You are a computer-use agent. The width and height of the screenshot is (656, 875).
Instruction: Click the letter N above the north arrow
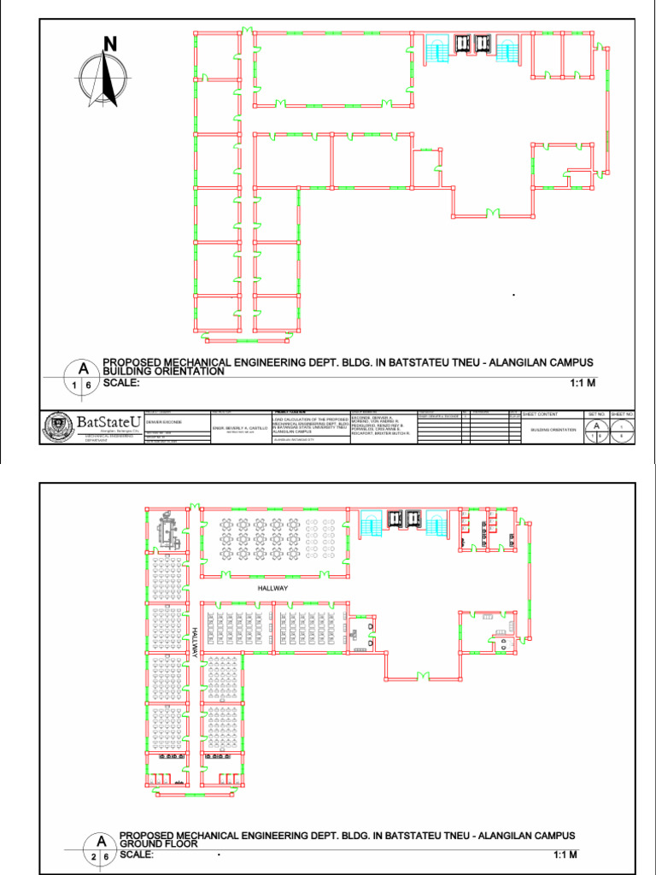click(x=109, y=44)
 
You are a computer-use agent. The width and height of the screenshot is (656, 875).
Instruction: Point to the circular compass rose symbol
click(x=103, y=79)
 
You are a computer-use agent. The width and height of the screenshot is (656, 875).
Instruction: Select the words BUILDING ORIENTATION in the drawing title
click(x=163, y=372)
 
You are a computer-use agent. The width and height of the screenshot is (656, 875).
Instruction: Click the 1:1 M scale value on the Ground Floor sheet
click(x=565, y=854)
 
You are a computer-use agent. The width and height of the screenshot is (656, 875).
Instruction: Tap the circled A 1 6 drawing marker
click(x=83, y=377)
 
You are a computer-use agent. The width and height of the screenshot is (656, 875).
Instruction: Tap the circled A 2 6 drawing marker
click(x=100, y=848)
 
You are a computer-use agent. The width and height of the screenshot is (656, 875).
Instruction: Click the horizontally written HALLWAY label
click(x=273, y=589)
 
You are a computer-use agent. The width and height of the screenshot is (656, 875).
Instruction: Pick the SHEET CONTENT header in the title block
click(x=540, y=414)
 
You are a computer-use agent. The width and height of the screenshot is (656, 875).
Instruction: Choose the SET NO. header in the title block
click(x=595, y=414)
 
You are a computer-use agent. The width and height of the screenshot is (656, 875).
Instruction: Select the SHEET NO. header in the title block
click(x=623, y=414)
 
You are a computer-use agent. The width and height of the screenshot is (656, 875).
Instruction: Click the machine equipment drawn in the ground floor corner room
click(x=165, y=534)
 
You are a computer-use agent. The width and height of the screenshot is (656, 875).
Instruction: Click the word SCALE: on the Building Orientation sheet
click(x=120, y=383)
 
